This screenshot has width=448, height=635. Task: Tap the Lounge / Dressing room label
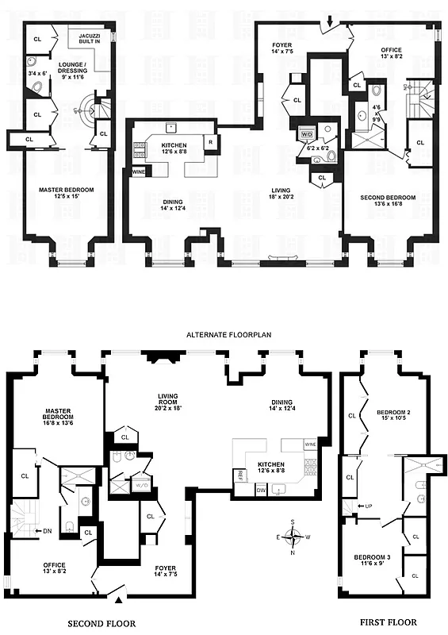click(x=73, y=71)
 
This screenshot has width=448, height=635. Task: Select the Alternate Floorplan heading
click(x=228, y=336)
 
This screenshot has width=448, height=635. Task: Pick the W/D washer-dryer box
click(x=306, y=135)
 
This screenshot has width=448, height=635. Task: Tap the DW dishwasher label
click(x=261, y=491)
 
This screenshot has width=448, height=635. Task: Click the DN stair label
click(x=47, y=531)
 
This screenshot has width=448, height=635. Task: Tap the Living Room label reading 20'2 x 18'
click(x=167, y=401)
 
